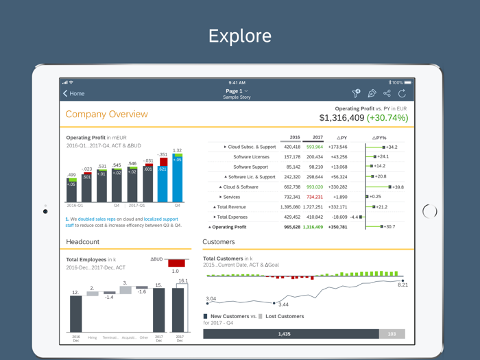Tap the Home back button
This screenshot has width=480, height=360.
click(74, 93)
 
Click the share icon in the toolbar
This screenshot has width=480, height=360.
click(387, 93)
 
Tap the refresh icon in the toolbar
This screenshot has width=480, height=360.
click(403, 93)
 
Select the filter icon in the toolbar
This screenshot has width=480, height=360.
click(356, 93)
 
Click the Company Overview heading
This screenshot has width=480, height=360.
click(106, 115)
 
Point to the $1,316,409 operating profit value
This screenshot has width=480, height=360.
click(341, 118)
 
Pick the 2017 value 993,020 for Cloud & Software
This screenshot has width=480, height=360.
click(314, 187)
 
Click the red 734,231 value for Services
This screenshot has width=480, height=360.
click(314, 197)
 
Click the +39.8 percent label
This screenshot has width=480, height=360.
click(397, 187)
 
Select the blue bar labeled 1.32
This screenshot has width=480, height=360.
click(178, 180)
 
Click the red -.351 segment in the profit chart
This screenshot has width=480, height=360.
click(163, 162)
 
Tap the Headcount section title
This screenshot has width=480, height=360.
click(83, 242)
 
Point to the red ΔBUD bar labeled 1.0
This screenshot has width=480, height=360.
click(176, 263)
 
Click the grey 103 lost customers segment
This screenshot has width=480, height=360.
click(392, 334)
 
